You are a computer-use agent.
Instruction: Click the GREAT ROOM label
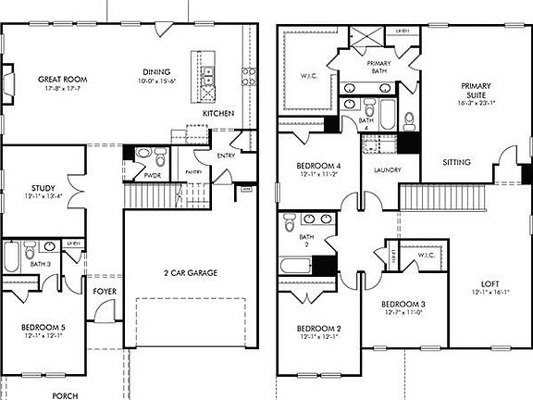pos(56,80)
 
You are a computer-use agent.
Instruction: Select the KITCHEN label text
pos(218,114)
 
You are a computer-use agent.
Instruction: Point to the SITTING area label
pos(456,162)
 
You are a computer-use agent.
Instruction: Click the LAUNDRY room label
pos(386,171)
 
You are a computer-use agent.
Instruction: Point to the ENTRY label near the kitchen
pos(226,156)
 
